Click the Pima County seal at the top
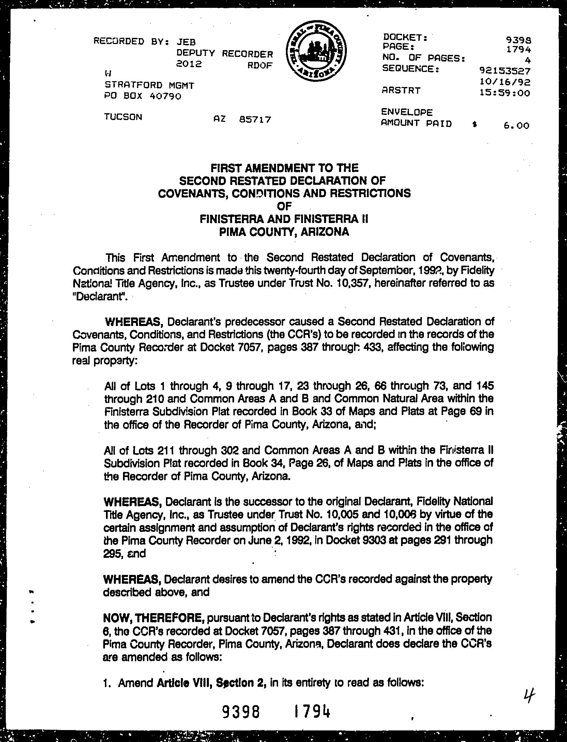click(316, 54)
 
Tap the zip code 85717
click(255, 120)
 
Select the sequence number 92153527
click(504, 71)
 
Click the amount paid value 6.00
click(516, 126)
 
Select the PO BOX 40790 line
click(143, 97)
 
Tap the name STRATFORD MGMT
click(149, 85)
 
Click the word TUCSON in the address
click(123, 117)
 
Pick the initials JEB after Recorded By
click(186, 42)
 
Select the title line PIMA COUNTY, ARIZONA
click(284, 232)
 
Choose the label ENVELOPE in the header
click(407, 112)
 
